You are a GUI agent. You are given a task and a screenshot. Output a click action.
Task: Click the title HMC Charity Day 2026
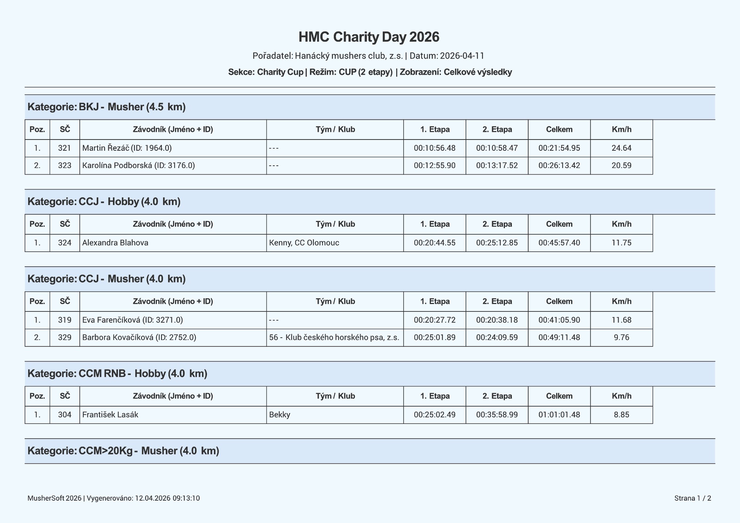click(369, 37)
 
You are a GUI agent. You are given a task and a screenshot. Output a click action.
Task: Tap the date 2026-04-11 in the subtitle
click(462, 56)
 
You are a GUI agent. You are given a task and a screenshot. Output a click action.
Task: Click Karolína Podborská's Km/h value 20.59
click(621, 165)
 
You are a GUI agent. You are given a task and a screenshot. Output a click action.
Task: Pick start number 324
click(65, 243)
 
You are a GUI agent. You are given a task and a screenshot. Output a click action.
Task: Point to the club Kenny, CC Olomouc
click(304, 243)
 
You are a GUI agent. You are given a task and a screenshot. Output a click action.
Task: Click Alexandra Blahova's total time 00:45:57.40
click(559, 243)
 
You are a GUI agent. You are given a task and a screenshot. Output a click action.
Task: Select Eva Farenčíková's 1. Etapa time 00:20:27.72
click(434, 320)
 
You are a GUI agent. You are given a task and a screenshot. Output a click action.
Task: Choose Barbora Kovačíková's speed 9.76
click(621, 337)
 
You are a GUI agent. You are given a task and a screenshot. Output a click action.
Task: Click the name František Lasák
click(110, 415)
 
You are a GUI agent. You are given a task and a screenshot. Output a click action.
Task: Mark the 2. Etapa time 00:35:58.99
click(497, 415)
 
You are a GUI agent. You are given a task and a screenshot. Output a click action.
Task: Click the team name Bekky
click(279, 415)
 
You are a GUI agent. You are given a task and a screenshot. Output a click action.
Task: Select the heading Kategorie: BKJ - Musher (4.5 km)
click(107, 107)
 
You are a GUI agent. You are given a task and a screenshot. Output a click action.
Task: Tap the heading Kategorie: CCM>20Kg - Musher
click(123, 451)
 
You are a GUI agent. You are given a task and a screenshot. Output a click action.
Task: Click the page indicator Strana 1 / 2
click(693, 498)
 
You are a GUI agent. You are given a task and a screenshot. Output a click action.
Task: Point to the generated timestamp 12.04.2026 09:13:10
click(167, 498)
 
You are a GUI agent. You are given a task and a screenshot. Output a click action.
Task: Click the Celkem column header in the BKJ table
click(559, 129)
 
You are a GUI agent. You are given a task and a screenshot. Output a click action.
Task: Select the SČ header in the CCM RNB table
click(65, 396)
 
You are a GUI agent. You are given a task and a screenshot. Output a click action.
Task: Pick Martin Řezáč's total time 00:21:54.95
click(559, 148)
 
